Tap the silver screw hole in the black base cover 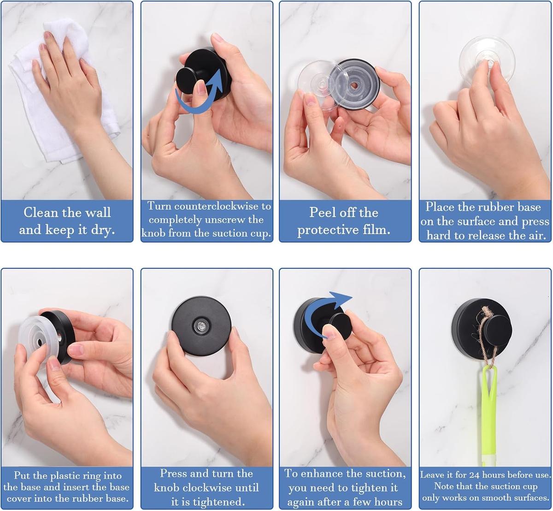(201, 326)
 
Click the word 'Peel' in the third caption (322, 212)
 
